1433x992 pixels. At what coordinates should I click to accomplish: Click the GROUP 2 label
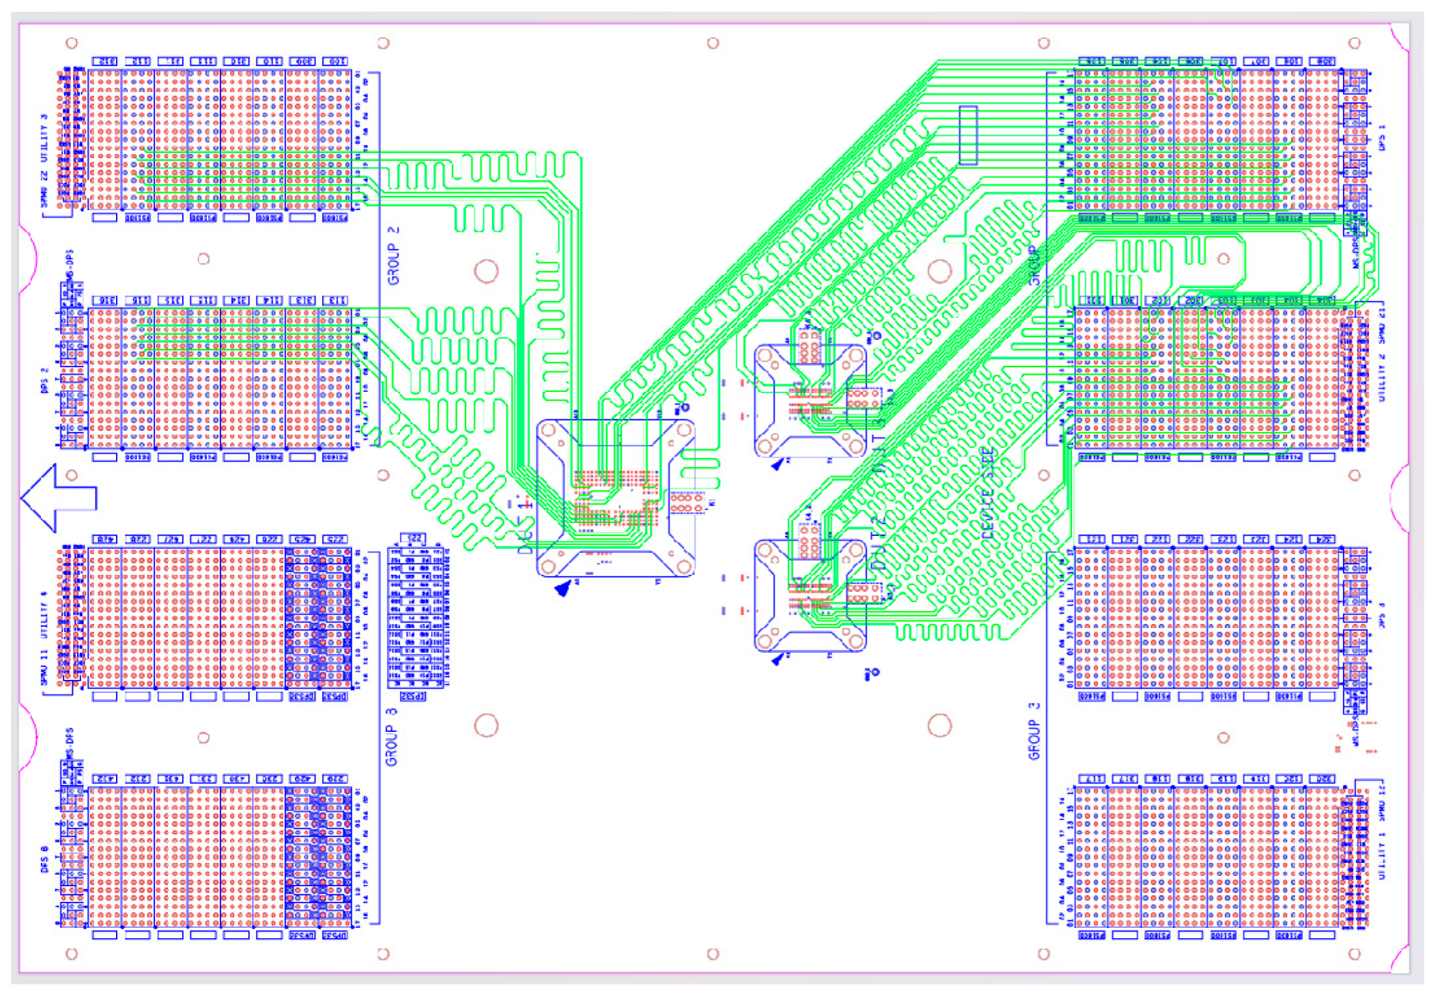tap(393, 255)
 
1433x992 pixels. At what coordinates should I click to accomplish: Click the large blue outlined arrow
tap(59, 498)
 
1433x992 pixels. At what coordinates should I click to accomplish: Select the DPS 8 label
tap(45, 859)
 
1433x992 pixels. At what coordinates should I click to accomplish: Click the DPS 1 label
tap(1382, 137)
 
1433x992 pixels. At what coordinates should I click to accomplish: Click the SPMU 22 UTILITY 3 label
tap(45, 161)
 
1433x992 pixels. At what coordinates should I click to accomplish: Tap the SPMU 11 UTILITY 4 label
tap(45, 638)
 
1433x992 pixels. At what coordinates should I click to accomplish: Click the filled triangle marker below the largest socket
tap(564, 588)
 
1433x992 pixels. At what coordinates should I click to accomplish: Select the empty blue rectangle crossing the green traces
tap(968, 135)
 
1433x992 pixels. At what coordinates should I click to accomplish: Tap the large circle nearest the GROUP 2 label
tap(486, 271)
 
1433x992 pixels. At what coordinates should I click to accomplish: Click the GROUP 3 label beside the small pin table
tap(392, 737)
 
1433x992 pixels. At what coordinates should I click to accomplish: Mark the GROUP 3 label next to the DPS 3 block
tap(1034, 731)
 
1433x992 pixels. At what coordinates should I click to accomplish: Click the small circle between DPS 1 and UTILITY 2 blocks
tap(1223, 259)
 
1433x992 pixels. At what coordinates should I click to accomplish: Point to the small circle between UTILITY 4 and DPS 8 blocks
tap(203, 737)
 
